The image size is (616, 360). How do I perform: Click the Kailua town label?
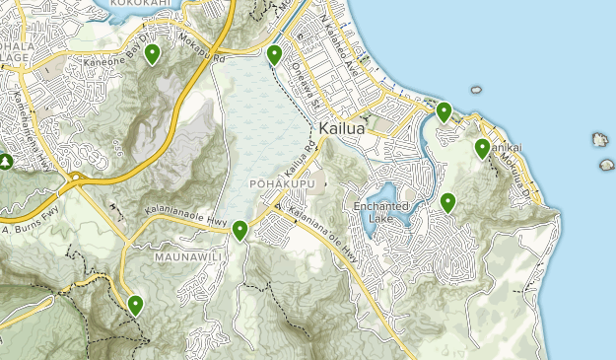(344, 129)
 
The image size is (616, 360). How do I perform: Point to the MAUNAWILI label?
(184, 256)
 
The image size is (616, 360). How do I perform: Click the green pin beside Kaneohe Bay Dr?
(152, 54)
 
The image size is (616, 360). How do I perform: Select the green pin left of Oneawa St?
(274, 54)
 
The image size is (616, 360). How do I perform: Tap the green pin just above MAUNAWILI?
(240, 231)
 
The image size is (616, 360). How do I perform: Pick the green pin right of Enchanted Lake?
(448, 203)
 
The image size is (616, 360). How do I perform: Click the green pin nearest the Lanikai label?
(482, 148)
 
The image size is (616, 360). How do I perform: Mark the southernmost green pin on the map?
(135, 306)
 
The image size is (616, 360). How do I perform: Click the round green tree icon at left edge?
(5, 161)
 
